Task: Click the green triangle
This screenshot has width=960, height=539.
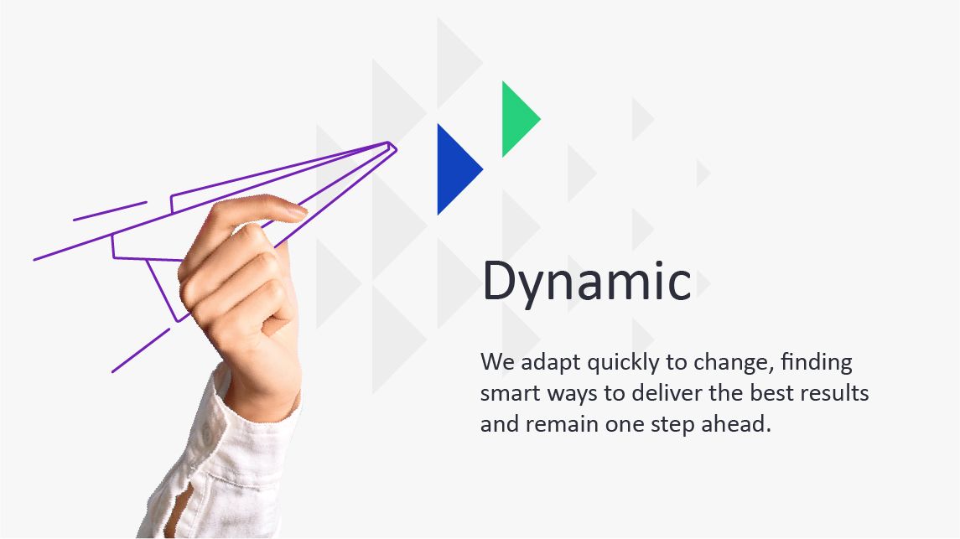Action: (x=516, y=119)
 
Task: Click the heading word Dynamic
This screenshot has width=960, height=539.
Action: (x=586, y=281)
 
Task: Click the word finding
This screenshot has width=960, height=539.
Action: (x=817, y=363)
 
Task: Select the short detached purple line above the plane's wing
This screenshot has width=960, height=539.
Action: (x=110, y=210)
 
